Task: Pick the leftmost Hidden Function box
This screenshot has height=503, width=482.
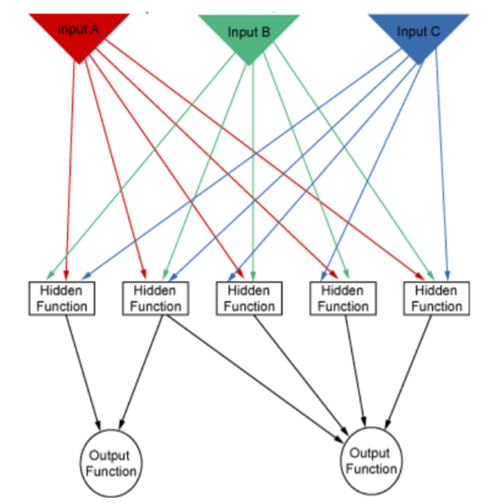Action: pyautogui.click(x=62, y=298)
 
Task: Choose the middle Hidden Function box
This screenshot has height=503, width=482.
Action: pyautogui.click(x=249, y=298)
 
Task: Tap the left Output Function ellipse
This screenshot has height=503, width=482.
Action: pyautogui.click(x=111, y=463)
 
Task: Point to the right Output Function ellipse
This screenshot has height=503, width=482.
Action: pyautogui.click(x=370, y=461)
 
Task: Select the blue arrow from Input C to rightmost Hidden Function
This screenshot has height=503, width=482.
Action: pyautogui.click(x=442, y=171)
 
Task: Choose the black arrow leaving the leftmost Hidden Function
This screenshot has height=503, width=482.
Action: pyautogui.click(x=83, y=370)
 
